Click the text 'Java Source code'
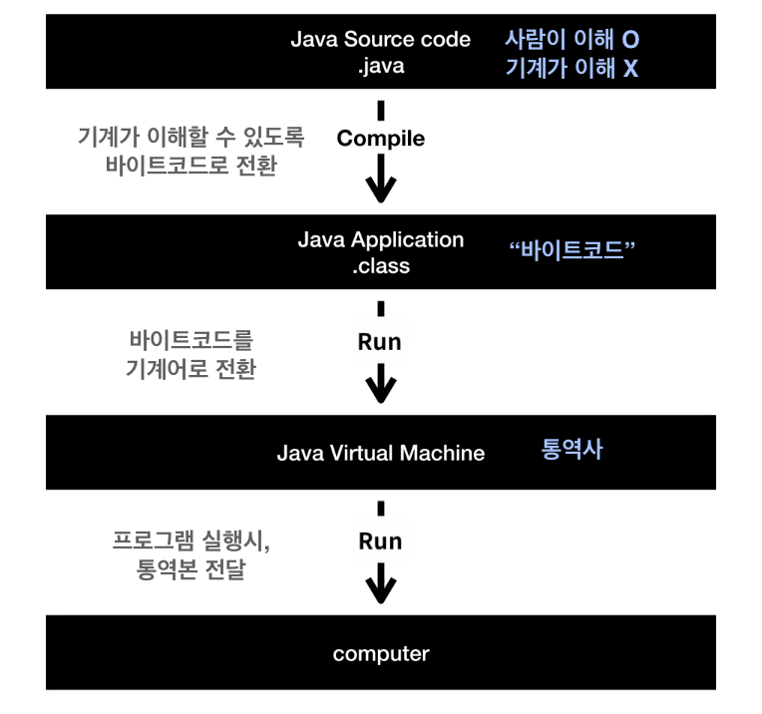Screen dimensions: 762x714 [380, 40]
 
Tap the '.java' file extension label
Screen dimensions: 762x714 [380, 68]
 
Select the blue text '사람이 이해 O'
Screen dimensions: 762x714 [571, 40]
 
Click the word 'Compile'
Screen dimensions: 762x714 [380, 139]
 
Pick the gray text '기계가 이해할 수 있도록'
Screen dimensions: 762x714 [190, 137]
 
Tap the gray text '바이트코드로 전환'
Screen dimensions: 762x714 [190, 166]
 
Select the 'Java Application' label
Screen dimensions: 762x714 [380, 240]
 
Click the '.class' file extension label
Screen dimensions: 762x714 [380, 267]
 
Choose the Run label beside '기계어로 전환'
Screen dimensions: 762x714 [380, 341]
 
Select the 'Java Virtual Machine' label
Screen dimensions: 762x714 [380, 453]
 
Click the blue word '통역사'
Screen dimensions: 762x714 [571, 449]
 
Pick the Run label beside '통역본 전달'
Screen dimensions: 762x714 [380, 540]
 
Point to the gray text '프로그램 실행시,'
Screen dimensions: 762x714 [190, 543]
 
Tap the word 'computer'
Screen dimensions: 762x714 [380, 654]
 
